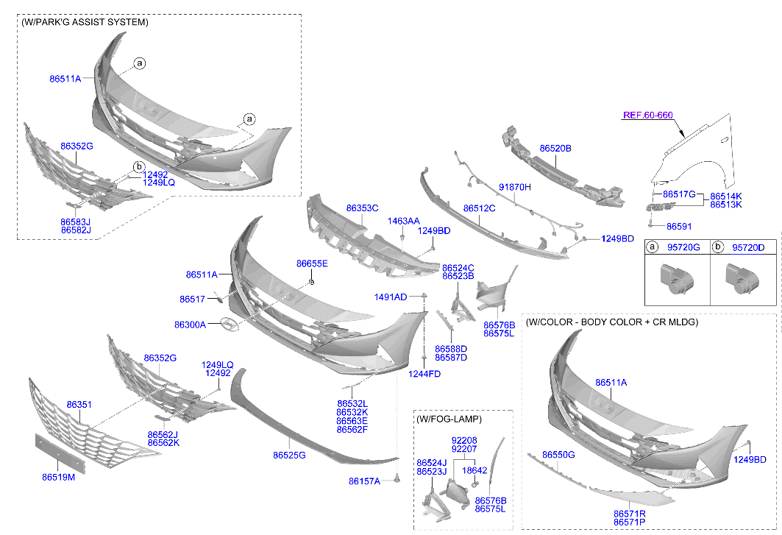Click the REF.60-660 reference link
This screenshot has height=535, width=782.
pos(648,115)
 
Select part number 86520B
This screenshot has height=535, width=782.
pos(555,149)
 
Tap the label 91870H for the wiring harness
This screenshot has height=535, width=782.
pos(515,187)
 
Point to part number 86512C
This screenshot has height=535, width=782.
pos(479,208)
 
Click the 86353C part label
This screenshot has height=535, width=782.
pos(362,208)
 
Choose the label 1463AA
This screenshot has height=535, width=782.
pos(404,221)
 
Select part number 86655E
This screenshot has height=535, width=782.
pos(312,263)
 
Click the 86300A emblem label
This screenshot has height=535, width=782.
pos(190,324)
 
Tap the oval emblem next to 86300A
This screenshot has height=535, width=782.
pos(230,325)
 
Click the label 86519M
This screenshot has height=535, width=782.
pos(58,477)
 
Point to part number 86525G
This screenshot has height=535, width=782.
pos(289,456)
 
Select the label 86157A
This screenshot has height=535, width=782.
pos(364,481)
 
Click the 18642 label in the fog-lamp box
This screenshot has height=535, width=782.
pos(474,470)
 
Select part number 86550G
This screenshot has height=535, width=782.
pos(558,456)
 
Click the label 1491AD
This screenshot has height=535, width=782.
pos(390,297)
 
